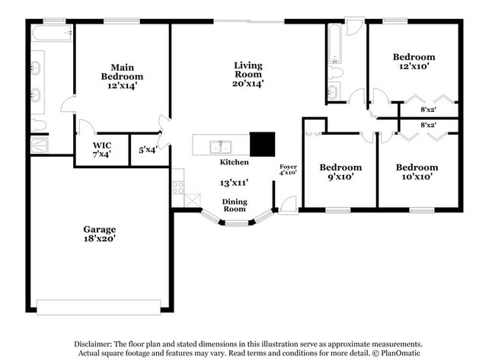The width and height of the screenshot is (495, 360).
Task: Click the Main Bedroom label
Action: pos(122,76)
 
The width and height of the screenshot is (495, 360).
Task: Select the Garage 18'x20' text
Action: pos(99,234)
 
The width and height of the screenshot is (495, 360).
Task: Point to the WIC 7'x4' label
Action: pos(102,149)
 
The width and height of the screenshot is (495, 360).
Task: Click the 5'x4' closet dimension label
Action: pos(148,150)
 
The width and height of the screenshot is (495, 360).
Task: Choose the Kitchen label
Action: pos(234,162)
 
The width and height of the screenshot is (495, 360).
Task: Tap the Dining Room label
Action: pos(234,205)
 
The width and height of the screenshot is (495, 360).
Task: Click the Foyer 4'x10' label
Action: pos(288,169)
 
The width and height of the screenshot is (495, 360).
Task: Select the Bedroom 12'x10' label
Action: pos(414,62)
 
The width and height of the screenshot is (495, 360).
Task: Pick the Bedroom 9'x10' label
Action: pos(340,172)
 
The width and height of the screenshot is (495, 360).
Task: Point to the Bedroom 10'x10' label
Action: pos(417,172)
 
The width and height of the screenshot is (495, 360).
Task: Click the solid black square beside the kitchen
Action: pos(263,145)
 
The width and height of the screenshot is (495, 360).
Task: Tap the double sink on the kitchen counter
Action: pos(221,146)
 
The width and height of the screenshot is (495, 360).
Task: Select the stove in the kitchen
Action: pos(177,186)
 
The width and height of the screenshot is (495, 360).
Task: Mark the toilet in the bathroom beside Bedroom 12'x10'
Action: pos(336,73)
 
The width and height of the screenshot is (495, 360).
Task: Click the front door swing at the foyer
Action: pos(288,205)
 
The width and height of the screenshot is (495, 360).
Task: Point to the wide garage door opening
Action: pos(98,307)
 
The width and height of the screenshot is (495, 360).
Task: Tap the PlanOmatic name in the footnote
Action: pos(399,353)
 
